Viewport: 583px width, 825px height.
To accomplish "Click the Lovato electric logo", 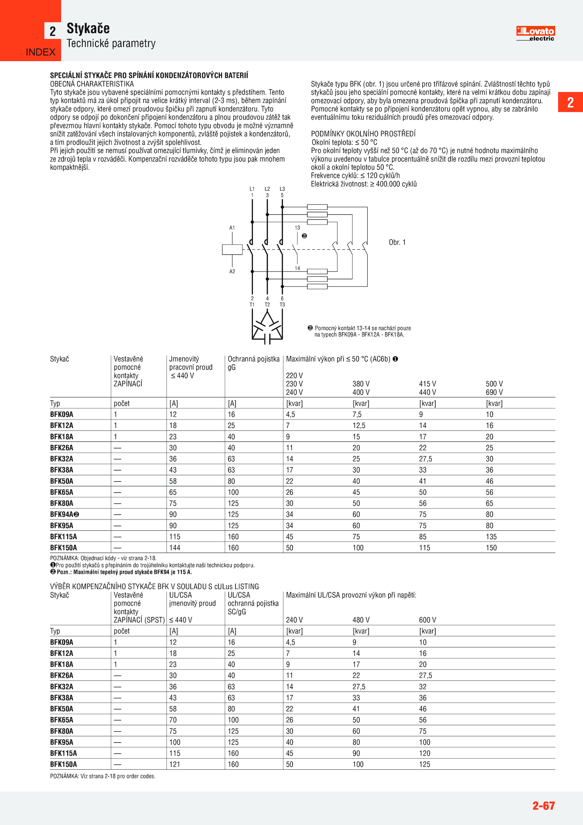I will click(x=535, y=33).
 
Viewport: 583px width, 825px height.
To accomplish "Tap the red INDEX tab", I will click(x=40, y=52).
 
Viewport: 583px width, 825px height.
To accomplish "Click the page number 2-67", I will click(x=543, y=805).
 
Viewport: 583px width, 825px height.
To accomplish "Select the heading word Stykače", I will click(x=88, y=28).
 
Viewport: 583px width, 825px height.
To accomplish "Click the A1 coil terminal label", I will click(x=232, y=228).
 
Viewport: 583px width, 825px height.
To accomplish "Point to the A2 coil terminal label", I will click(x=232, y=272).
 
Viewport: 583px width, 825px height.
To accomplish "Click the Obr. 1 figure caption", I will click(x=397, y=242).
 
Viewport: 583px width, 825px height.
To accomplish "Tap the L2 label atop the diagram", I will click(x=267, y=189).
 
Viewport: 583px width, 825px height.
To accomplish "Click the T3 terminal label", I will click(x=282, y=305).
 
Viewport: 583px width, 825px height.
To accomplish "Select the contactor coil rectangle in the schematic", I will click(x=232, y=249).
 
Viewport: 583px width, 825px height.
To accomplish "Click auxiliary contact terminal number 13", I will click(x=297, y=228).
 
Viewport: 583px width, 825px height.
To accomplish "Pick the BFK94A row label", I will click(x=64, y=514).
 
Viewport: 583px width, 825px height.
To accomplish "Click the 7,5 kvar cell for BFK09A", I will click(x=357, y=415).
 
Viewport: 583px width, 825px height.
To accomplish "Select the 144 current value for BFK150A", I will click(x=175, y=548).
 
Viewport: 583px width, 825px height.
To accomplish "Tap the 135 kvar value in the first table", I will click(x=491, y=537).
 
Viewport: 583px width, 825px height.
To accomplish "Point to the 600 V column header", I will click(x=427, y=620).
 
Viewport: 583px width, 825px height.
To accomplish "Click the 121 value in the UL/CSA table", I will click(x=175, y=764).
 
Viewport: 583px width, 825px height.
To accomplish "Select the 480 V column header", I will click(x=361, y=620).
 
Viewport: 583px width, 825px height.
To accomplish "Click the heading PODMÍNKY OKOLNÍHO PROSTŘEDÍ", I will click(x=363, y=134).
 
